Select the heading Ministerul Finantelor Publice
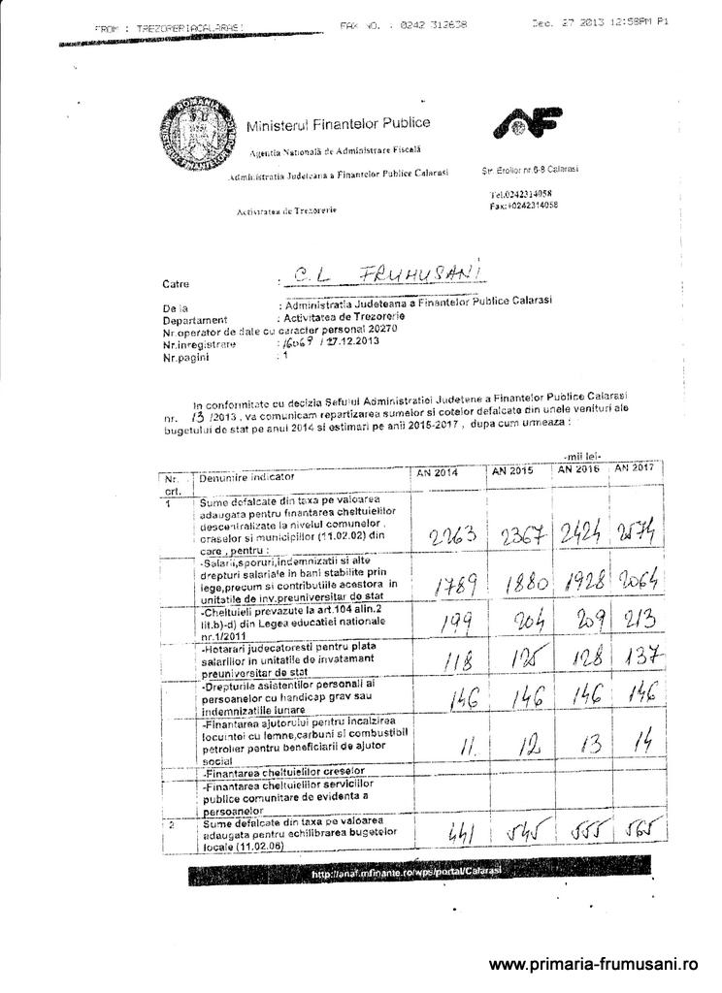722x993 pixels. (338, 124)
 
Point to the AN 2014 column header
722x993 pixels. (437, 472)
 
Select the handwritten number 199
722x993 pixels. (446, 625)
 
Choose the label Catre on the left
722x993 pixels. (177, 284)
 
